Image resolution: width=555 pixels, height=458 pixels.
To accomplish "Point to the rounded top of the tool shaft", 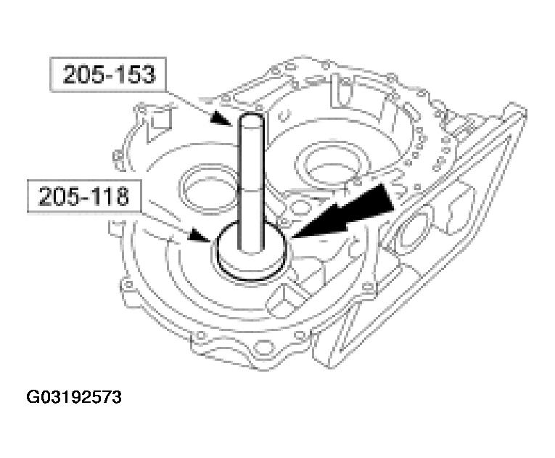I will pos(251,121).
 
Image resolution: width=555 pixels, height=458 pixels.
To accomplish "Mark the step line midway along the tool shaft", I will pos(251,187).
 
